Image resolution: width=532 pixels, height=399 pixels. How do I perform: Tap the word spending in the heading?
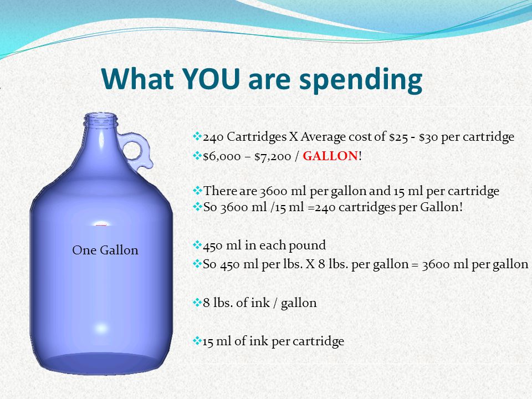click(360, 81)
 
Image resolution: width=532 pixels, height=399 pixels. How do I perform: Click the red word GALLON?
click(330, 156)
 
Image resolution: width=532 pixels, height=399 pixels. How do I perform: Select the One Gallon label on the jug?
click(105, 250)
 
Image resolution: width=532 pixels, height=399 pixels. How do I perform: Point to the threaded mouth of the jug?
click(101, 120)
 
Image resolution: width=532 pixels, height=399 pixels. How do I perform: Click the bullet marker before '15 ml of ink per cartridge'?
click(197, 340)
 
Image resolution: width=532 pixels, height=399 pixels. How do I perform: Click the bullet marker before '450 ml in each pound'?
click(197, 244)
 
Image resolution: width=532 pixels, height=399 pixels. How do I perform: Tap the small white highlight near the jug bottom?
click(101, 328)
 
